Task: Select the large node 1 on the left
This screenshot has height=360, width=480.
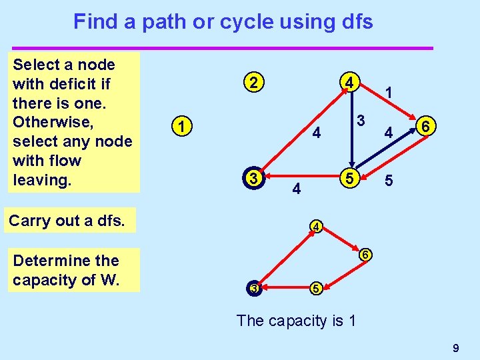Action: (x=181, y=125)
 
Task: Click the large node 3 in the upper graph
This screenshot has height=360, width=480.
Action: (x=252, y=178)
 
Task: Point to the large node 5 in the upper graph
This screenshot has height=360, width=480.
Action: (x=348, y=178)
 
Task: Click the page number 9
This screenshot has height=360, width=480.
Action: (x=456, y=347)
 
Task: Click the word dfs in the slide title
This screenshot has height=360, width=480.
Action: (x=355, y=22)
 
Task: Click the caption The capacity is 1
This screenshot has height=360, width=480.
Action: (x=296, y=321)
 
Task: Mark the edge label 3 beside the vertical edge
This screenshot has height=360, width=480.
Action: (x=360, y=121)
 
